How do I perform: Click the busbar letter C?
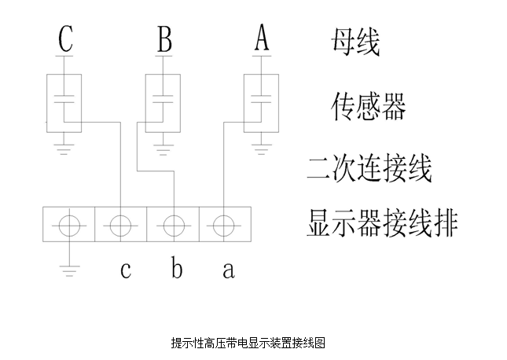(x=66, y=39)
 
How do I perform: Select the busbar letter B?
(x=164, y=39)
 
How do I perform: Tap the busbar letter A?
(x=262, y=38)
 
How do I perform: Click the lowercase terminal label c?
(x=126, y=270)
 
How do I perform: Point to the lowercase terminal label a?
(x=229, y=270)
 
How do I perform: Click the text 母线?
(x=355, y=42)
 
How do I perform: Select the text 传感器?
(x=369, y=106)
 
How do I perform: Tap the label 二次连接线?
(x=369, y=168)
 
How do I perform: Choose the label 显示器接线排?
(x=382, y=223)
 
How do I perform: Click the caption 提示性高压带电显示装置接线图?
(x=248, y=343)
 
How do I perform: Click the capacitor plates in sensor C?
(x=64, y=99)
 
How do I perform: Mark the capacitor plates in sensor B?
(x=163, y=99)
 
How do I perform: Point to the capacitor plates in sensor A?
(x=261, y=99)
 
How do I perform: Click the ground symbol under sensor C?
(x=64, y=149)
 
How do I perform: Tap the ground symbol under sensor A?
(x=261, y=149)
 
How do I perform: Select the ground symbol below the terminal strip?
(x=69, y=271)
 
